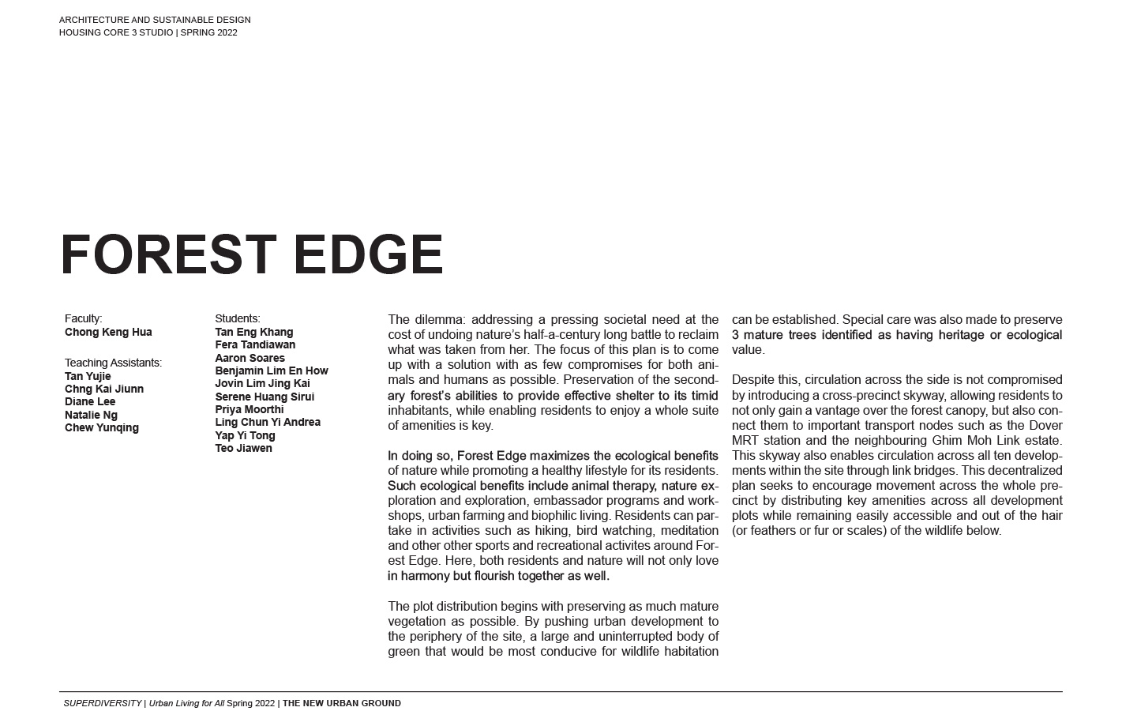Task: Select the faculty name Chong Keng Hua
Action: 108,332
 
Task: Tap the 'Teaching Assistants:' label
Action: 113,363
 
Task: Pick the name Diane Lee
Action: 90,401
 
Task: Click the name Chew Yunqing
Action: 102,427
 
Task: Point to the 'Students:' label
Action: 237,318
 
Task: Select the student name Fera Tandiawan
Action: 255,344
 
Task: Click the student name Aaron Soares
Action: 250,358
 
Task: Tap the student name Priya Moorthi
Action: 249,409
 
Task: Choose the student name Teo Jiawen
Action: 243,448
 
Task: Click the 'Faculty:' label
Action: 83,318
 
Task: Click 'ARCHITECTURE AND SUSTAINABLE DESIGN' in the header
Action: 155,20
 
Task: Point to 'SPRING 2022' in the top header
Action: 208,32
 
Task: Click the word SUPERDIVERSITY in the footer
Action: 103,703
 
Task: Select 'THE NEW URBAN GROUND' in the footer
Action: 342,703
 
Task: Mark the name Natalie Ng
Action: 91,415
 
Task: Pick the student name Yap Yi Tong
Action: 245,435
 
